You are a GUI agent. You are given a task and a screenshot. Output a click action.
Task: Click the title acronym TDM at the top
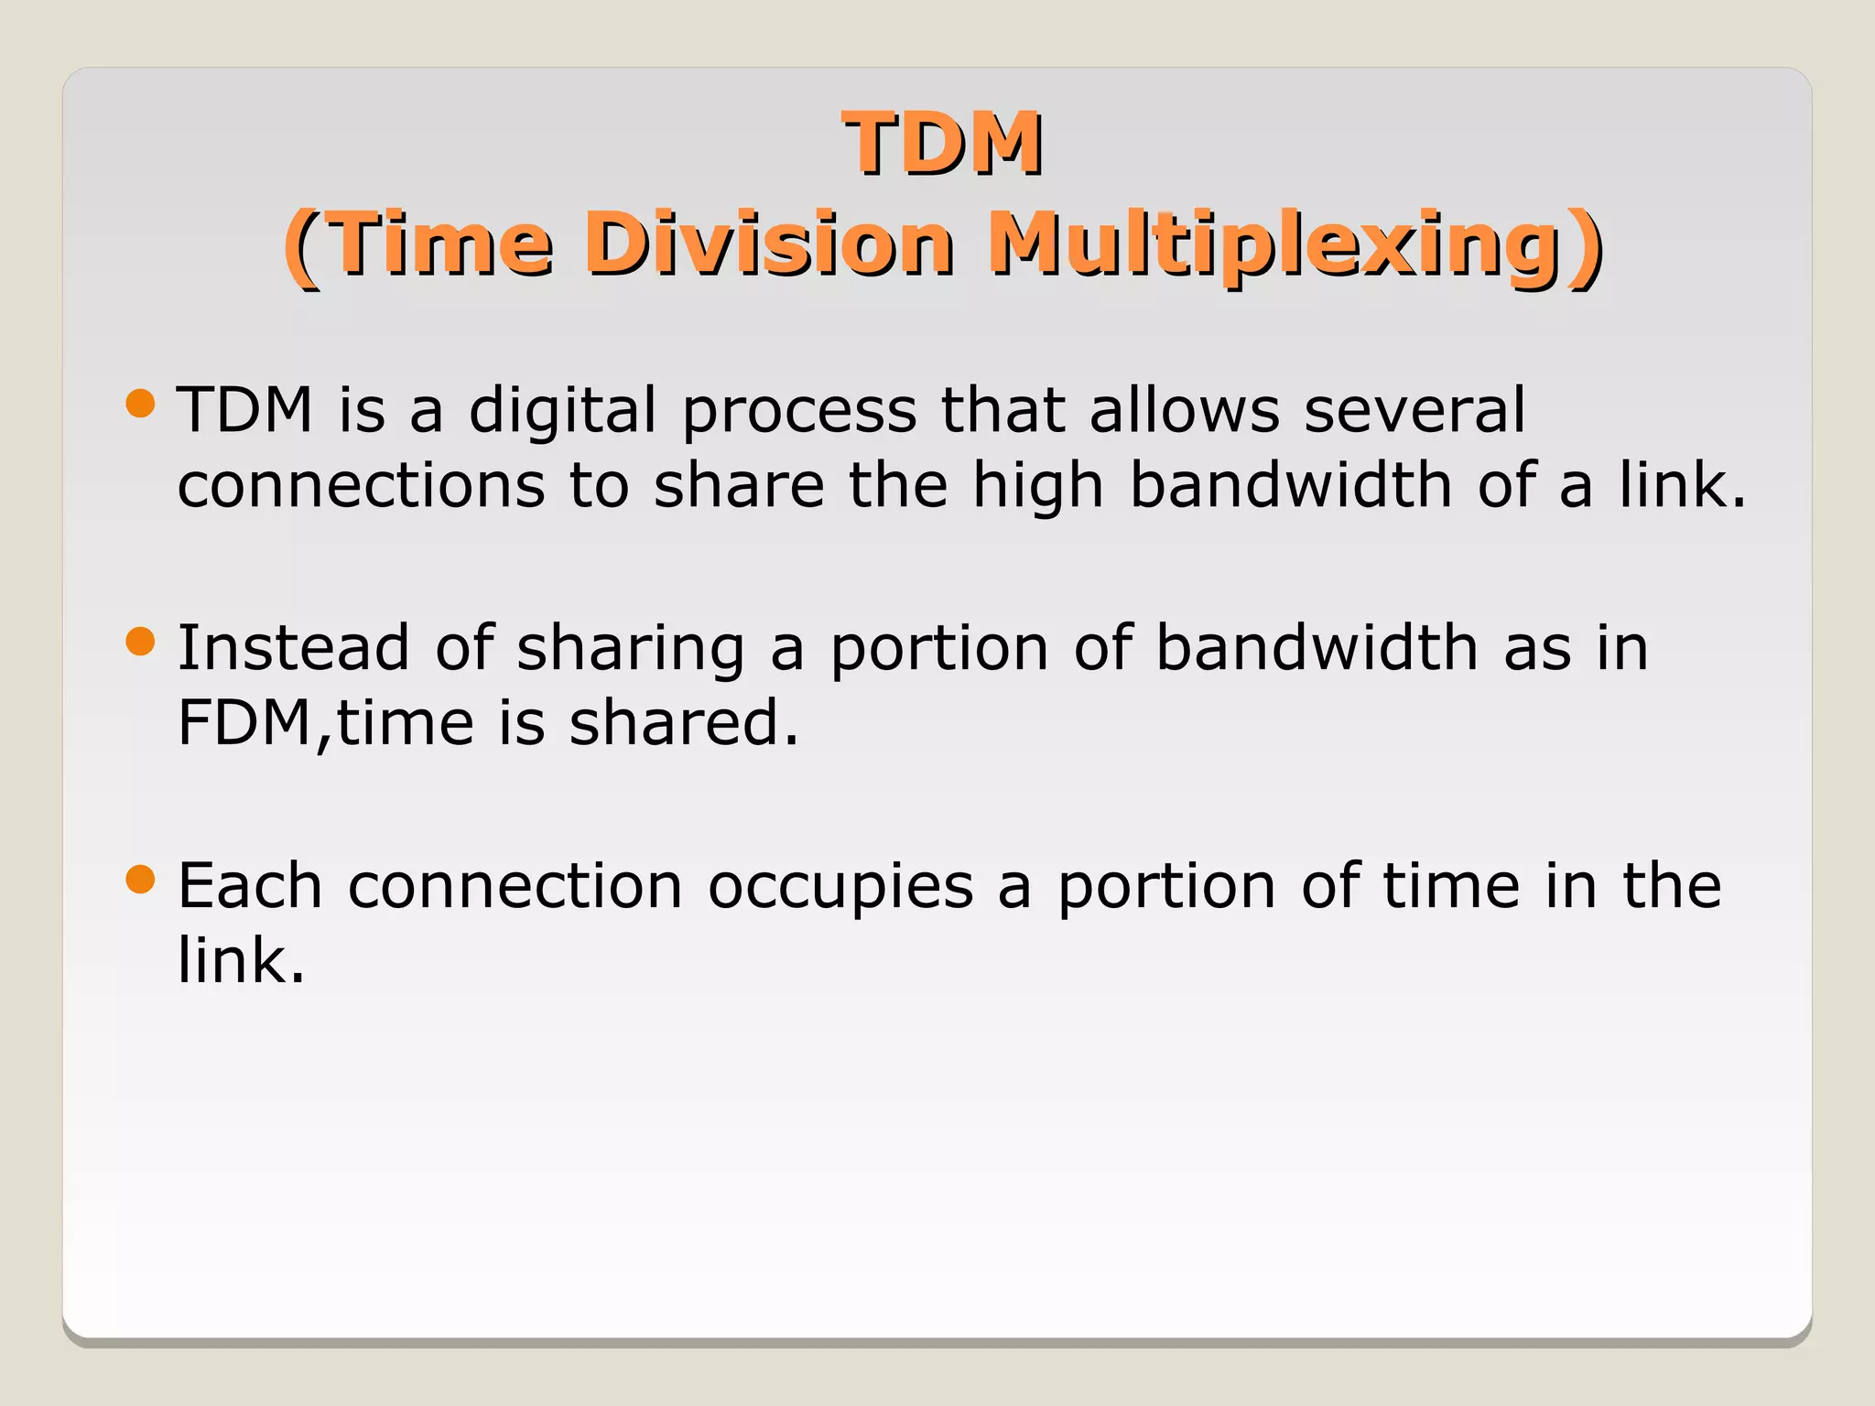pyautogui.click(x=942, y=144)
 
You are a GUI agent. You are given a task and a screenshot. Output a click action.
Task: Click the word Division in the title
pyautogui.click(x=775, y=244)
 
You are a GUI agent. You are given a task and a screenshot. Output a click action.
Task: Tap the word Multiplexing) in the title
pyautogui.click(x=1295, y=245)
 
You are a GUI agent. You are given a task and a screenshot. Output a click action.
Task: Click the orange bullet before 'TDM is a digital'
pyautogui.click(x=141, y=403)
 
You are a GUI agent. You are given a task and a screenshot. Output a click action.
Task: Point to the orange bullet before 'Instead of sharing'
pyautogui.click(x=141, y=642)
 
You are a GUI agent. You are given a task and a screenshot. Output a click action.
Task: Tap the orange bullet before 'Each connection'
pyautogui.click(x=141, y=880)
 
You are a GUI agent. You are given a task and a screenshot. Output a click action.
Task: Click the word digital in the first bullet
pyautogui.click(x=562, y=411)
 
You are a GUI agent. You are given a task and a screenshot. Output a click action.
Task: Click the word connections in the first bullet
pyautogui.click(x=361, y=485)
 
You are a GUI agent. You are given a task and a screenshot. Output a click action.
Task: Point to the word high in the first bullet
pyautogui.click(x=1037, y=486)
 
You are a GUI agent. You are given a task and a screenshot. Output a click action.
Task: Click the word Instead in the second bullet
pyautogui.click(x=293, y=648)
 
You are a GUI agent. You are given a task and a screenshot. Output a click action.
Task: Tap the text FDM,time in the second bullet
pyautogui.click(x=326, y=724)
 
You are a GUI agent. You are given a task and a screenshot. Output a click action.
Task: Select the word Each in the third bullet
pyautogui.click(x=250, y=886)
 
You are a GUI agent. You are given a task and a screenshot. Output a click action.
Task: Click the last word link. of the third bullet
pyautogui.click(x=241, y=961)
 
